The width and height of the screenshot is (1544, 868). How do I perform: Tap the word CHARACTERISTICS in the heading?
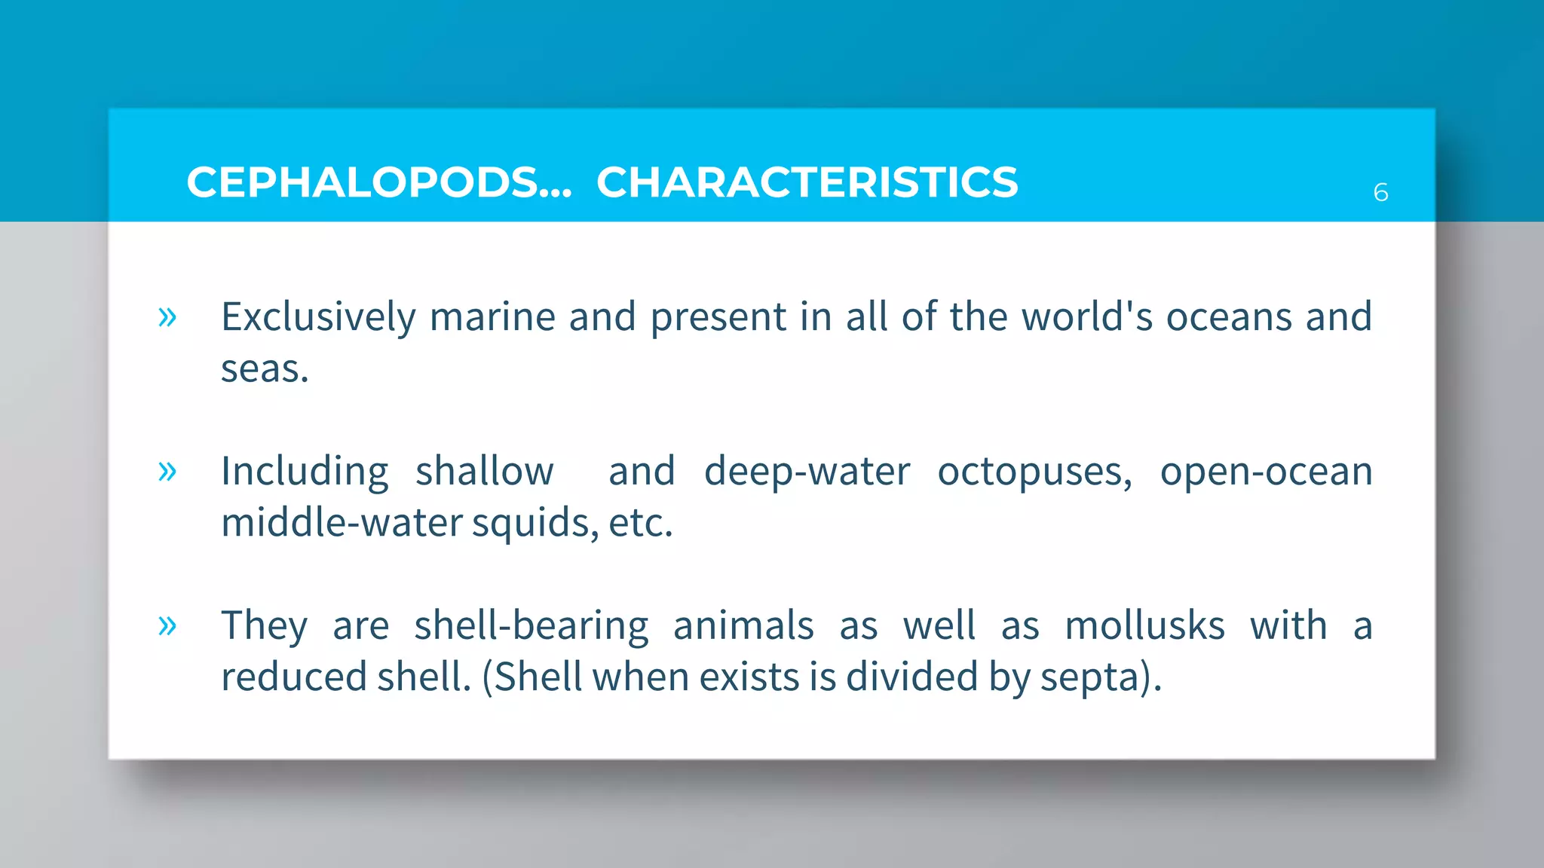(807, 182)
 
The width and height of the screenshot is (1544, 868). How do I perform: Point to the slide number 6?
(1380, 193)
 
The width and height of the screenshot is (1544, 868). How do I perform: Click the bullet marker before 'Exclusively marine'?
(167, 316)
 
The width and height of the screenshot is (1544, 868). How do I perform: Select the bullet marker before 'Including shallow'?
(167, 472)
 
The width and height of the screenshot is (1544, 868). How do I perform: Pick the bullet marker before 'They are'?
(167, 625)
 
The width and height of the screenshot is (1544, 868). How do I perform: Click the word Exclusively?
(318, 316)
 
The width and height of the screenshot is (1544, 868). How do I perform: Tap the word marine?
(492, 316)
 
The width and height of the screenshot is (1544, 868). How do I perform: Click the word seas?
(264, 369)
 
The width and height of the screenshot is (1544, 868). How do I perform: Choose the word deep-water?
(807, 472)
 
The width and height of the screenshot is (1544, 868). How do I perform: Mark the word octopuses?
(1034, 472)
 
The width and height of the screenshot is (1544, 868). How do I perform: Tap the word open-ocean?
(1266, 472)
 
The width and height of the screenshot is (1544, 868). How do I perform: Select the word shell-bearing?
(531, 625)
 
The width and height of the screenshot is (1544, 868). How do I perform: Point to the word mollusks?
(1144, 625)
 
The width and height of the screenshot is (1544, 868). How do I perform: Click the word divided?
(912, 677)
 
